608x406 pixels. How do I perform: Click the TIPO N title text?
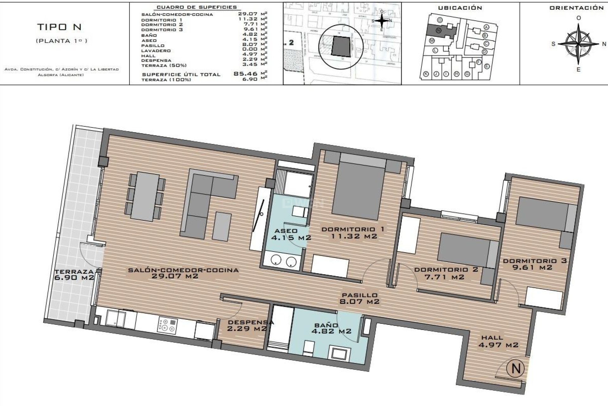point(60,27)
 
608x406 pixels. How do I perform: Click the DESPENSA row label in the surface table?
point(156,61)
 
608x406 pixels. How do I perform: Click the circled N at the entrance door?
point(516,368)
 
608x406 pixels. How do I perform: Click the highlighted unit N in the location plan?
point(439,31)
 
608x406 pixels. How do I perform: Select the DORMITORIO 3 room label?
point(535,264)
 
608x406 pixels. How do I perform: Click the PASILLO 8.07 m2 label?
point(359,298)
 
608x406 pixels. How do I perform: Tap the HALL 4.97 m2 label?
point(498,341)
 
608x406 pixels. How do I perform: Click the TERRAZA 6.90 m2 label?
point(74,275)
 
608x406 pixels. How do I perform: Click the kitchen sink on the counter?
point(116,318)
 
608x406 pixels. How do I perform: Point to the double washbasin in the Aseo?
point(283,261)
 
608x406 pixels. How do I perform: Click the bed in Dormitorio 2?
point(465,250)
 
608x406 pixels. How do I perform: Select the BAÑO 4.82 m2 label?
point(331,328)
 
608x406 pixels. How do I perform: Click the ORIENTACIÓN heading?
point(576,8)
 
